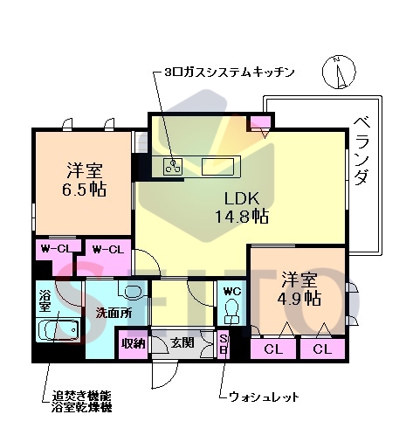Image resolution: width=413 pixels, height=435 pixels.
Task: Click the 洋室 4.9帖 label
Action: coord(299,289)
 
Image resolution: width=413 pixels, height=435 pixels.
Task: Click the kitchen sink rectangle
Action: coord(217,164)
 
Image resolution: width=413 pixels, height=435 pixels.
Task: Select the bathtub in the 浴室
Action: coord(57,331)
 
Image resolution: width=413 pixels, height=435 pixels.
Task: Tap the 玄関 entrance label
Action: coord(182,343)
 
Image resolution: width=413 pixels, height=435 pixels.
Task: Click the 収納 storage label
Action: coord(133,343)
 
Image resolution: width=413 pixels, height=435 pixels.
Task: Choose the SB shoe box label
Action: coord(224,343)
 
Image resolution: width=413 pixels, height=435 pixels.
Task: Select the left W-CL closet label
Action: coord(55,250)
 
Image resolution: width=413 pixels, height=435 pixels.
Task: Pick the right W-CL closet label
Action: coord(109,250)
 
